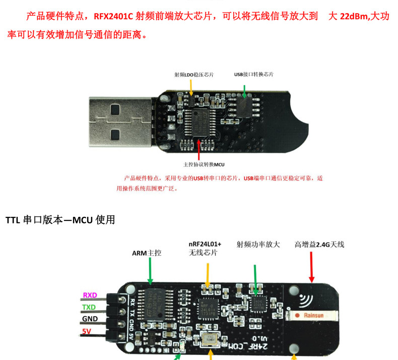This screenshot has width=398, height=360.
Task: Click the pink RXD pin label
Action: click(x=90, y=295)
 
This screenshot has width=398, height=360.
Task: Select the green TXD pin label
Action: click(x=89, y=307)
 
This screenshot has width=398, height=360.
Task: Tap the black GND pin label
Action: click(x=90, y=319)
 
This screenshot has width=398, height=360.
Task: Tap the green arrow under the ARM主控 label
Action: click(x=150, y=273)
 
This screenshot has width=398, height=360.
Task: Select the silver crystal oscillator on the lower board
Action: click(x=211, y=340)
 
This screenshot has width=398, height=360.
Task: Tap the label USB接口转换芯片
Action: click(x=254, y=74)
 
